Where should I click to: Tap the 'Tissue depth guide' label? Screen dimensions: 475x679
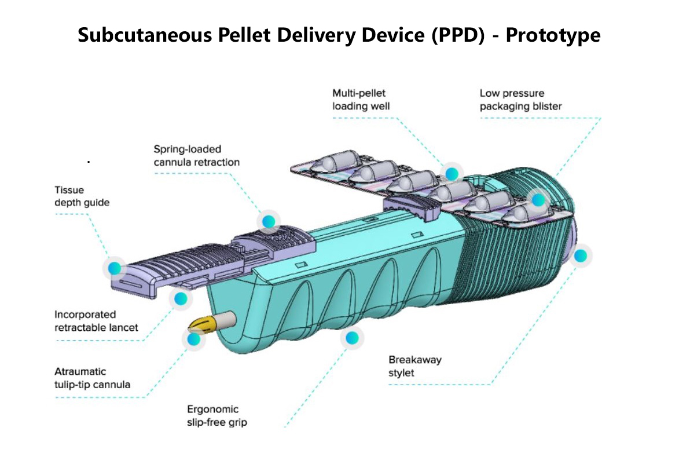[82, 196]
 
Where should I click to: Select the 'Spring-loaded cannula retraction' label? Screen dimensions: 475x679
[196, 156]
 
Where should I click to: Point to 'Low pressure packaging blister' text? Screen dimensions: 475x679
[520, 100]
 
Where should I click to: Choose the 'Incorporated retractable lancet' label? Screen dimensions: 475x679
[96, 321]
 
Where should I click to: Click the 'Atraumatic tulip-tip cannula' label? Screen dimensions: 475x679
[92, 378]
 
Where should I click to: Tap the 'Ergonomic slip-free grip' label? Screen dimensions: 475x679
[216, 416]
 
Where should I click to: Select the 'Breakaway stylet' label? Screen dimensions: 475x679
[414, 366]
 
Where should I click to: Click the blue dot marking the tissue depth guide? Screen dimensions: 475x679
[115, 268]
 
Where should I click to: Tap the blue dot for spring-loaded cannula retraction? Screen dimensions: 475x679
[268, 221]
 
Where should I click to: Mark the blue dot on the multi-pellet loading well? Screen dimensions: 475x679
[452, 173]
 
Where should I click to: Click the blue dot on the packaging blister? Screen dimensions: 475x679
[538, 200]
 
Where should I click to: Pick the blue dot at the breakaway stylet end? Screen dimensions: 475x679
[581, 255]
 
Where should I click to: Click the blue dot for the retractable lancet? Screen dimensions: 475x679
[181, 299]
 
